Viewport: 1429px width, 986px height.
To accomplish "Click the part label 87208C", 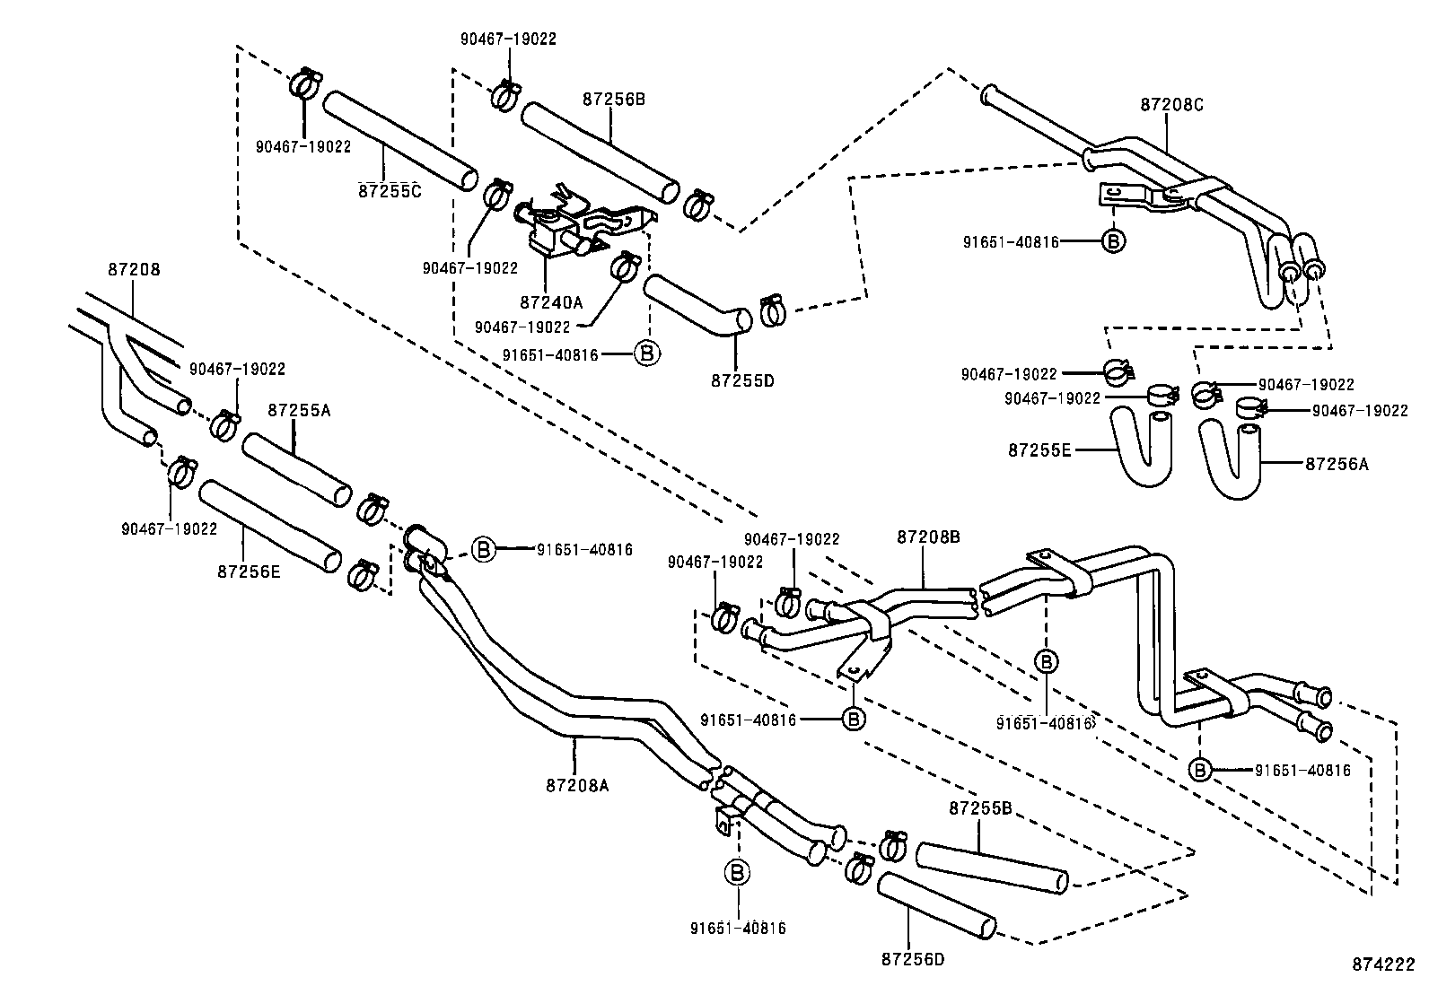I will point(1170,104).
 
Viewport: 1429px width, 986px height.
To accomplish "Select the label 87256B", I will point(613,100).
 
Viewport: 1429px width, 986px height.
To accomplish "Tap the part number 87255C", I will point(389,190).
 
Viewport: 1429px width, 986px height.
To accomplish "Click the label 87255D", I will point(741,380).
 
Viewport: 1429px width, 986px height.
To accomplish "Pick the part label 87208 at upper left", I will point(132,267).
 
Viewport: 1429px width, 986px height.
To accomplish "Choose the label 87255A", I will point(299,410).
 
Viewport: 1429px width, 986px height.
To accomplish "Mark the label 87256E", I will point(248,570).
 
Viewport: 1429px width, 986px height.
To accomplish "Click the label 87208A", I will point(576,785).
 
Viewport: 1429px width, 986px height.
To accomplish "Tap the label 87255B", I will point(980,808).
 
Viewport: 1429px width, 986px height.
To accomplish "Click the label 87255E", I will point(1039,449).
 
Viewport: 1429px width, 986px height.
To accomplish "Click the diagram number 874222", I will point(1383,964).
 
